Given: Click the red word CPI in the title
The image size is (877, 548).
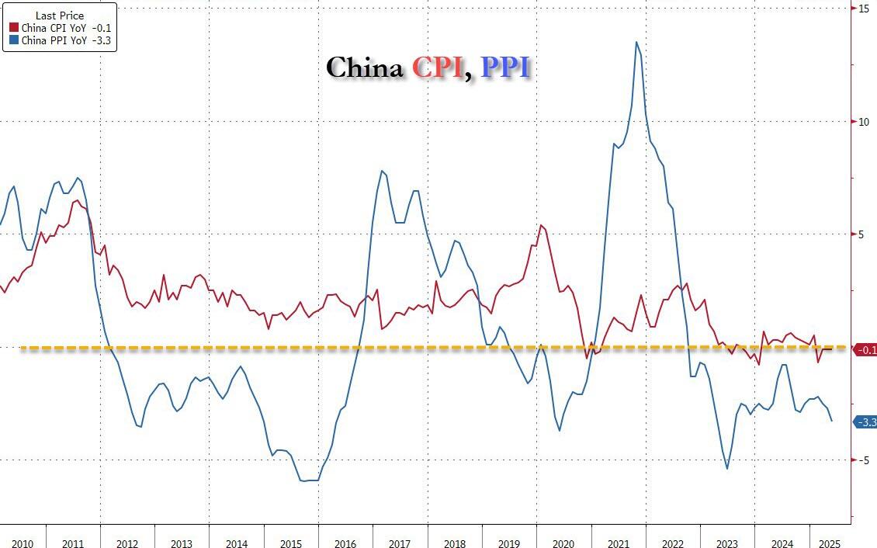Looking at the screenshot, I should click(x=438, y=68).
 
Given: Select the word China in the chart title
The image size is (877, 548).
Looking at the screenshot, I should click(x=365, y=68).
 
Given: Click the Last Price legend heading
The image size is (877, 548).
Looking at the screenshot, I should click(x=60, y=15).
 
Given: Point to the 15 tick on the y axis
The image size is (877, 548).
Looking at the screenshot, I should click(x=863, y=9).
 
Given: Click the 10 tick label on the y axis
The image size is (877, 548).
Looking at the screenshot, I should click(x=863, y=122).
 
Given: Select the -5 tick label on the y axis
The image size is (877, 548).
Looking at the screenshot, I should click(x=863, y=460).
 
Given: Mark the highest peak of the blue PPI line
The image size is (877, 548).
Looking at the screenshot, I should click(x=636, y=42).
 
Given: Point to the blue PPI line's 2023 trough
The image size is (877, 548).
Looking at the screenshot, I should click(x=727, y=469).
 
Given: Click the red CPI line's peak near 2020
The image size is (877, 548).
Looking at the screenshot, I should click(x=541, y=225).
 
